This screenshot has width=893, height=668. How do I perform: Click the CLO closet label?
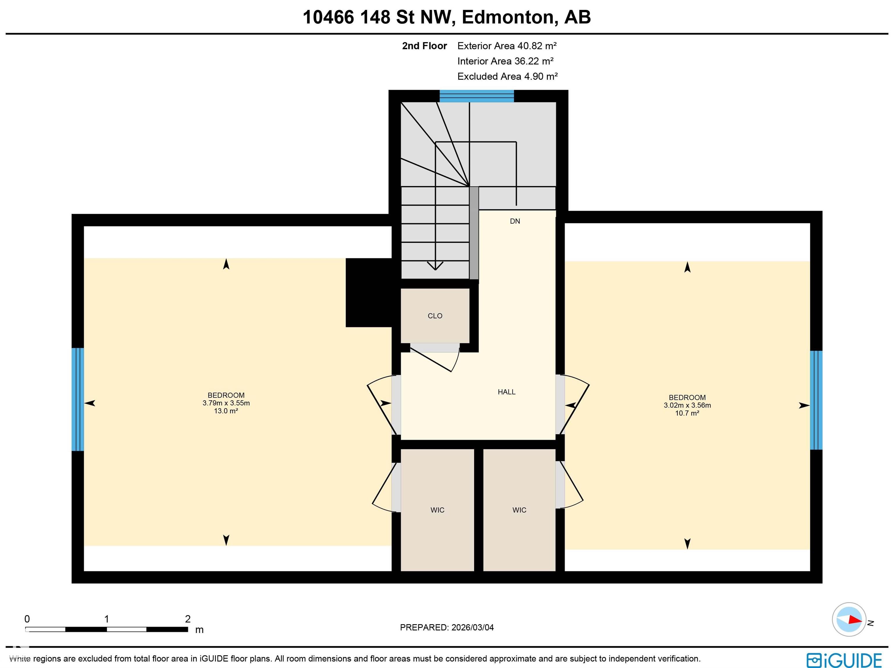coord(435,316)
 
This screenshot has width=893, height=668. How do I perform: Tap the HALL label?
coord(506,392)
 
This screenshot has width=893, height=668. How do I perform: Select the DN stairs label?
coord(515,221)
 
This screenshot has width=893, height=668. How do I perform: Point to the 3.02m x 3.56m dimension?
coord(687,405)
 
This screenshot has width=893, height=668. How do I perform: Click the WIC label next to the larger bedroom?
coord(437,510)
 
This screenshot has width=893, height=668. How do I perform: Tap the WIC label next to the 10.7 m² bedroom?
coord(519,510)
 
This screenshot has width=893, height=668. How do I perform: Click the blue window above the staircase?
coord(476,96)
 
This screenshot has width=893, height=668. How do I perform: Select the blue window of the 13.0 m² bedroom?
coord(78,399)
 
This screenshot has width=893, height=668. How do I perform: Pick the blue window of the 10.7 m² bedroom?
coord(816,400)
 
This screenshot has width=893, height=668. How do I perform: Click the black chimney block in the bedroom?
coord(368,292)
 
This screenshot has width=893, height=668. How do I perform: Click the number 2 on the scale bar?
coord(188,619)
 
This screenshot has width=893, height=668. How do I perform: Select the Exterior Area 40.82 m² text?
coord(507,46)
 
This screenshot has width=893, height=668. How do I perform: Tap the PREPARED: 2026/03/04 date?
coord(446,627)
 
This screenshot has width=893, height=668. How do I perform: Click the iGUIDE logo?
coord(844,660)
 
